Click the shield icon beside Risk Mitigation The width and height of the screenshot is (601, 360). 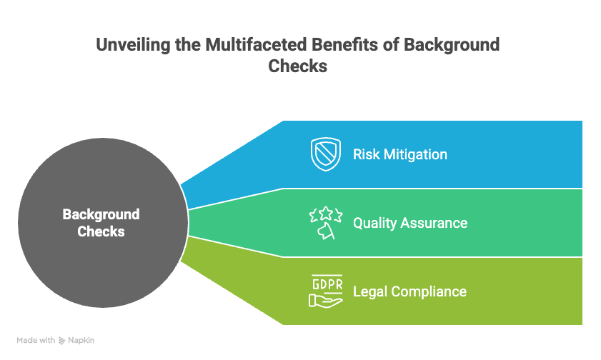[326, 154]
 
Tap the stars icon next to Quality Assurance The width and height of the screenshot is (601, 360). [326, 223]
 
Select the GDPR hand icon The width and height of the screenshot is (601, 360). [326, 291]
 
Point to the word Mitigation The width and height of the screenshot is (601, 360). [415, 154]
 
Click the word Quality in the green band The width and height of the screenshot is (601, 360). [374, 223]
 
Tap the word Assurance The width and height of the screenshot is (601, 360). [434, 223]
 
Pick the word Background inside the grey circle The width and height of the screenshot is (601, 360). [101, 214]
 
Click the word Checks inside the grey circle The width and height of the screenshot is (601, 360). [101, 231]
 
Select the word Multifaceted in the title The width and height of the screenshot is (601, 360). [256, 44]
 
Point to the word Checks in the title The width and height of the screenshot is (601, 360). [298, 66]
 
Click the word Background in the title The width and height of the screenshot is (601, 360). [452, 45]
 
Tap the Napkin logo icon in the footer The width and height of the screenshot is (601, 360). [61, 341]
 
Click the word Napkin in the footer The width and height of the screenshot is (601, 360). [81, 340]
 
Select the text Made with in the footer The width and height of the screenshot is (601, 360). [36, 340]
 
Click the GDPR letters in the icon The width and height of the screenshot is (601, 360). [327, 284]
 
